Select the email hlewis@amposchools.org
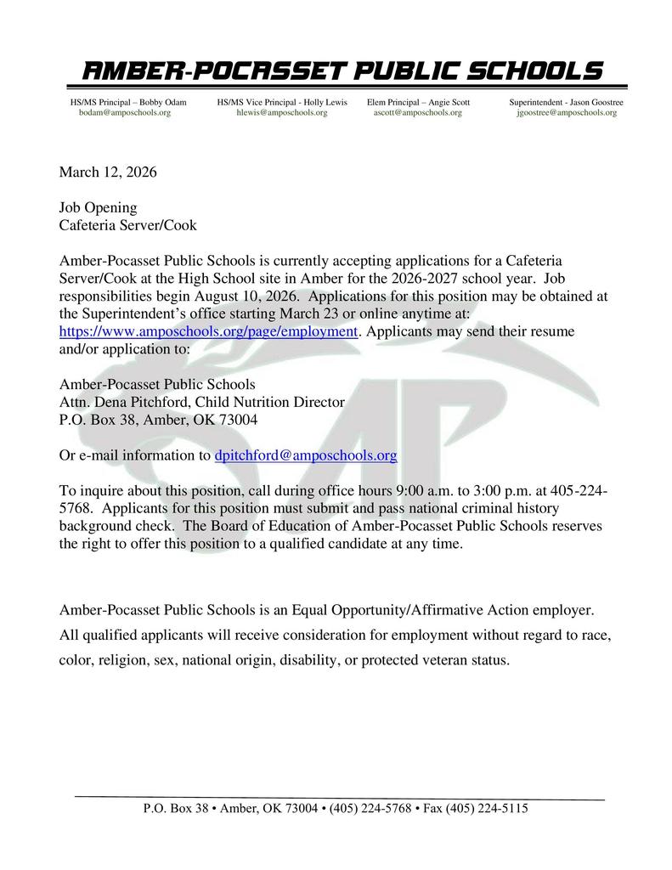pos(282,112)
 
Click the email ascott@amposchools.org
pos(418,112)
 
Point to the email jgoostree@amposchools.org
pos(567,112)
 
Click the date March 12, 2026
pos(108,172)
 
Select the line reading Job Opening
pos(98,207)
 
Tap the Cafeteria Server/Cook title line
pos(127,225)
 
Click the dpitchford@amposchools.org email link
pos(306,455)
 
